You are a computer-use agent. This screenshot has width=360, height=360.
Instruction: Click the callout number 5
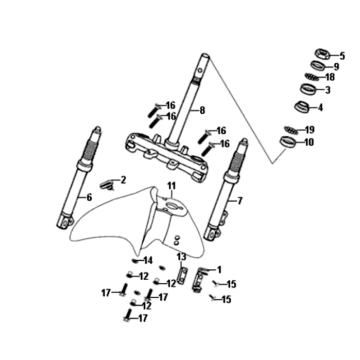tap(342, 56)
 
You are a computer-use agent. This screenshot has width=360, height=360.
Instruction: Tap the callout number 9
tap(336, 67)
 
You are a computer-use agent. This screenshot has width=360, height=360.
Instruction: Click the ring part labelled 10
tap(288, 141)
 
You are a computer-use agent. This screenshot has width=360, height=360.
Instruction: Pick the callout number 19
tap(309, 129)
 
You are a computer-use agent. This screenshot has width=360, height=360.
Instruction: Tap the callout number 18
tap(329, 77)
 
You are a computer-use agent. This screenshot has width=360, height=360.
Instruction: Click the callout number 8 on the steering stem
tap(202, 110)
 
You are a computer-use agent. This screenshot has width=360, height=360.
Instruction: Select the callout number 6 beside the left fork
tap(89, 197)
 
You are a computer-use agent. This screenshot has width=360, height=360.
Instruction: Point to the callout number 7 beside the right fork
tap(240, 201)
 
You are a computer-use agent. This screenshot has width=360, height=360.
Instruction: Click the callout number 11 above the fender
tap(171, 185)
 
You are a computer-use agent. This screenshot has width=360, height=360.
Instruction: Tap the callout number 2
tap(123, 180)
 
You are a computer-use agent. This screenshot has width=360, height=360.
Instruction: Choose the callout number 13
tap(181, 257)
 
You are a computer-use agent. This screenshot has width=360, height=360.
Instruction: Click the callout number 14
tap(148, 260)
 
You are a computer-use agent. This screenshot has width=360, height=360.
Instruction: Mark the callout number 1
tap(219, 269)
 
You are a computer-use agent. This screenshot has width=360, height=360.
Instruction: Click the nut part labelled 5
tap(323, 53)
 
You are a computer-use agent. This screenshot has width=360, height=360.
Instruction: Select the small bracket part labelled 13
tap(181, 276)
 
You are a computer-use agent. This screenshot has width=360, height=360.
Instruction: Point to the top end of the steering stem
tap(205, 56)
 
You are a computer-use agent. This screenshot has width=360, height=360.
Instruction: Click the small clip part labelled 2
tap(107, 185)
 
